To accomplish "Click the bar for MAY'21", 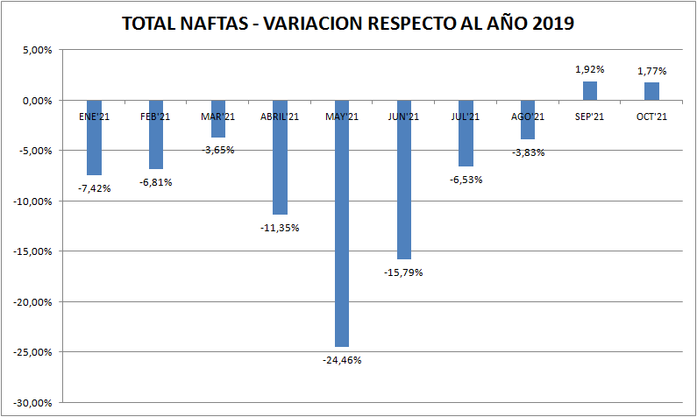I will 341,223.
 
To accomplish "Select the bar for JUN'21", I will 403,180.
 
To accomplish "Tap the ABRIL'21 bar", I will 280,158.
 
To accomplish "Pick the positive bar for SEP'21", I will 590,91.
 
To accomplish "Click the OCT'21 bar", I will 651,92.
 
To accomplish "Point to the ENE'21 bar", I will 94,138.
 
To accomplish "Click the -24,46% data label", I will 342,360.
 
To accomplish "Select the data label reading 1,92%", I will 590,68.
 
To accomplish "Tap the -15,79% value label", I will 403,272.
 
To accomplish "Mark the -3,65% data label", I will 218,150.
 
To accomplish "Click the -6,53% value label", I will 466,179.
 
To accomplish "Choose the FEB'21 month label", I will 156,117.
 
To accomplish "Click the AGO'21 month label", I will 528,117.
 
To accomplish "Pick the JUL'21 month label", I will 466,117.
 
